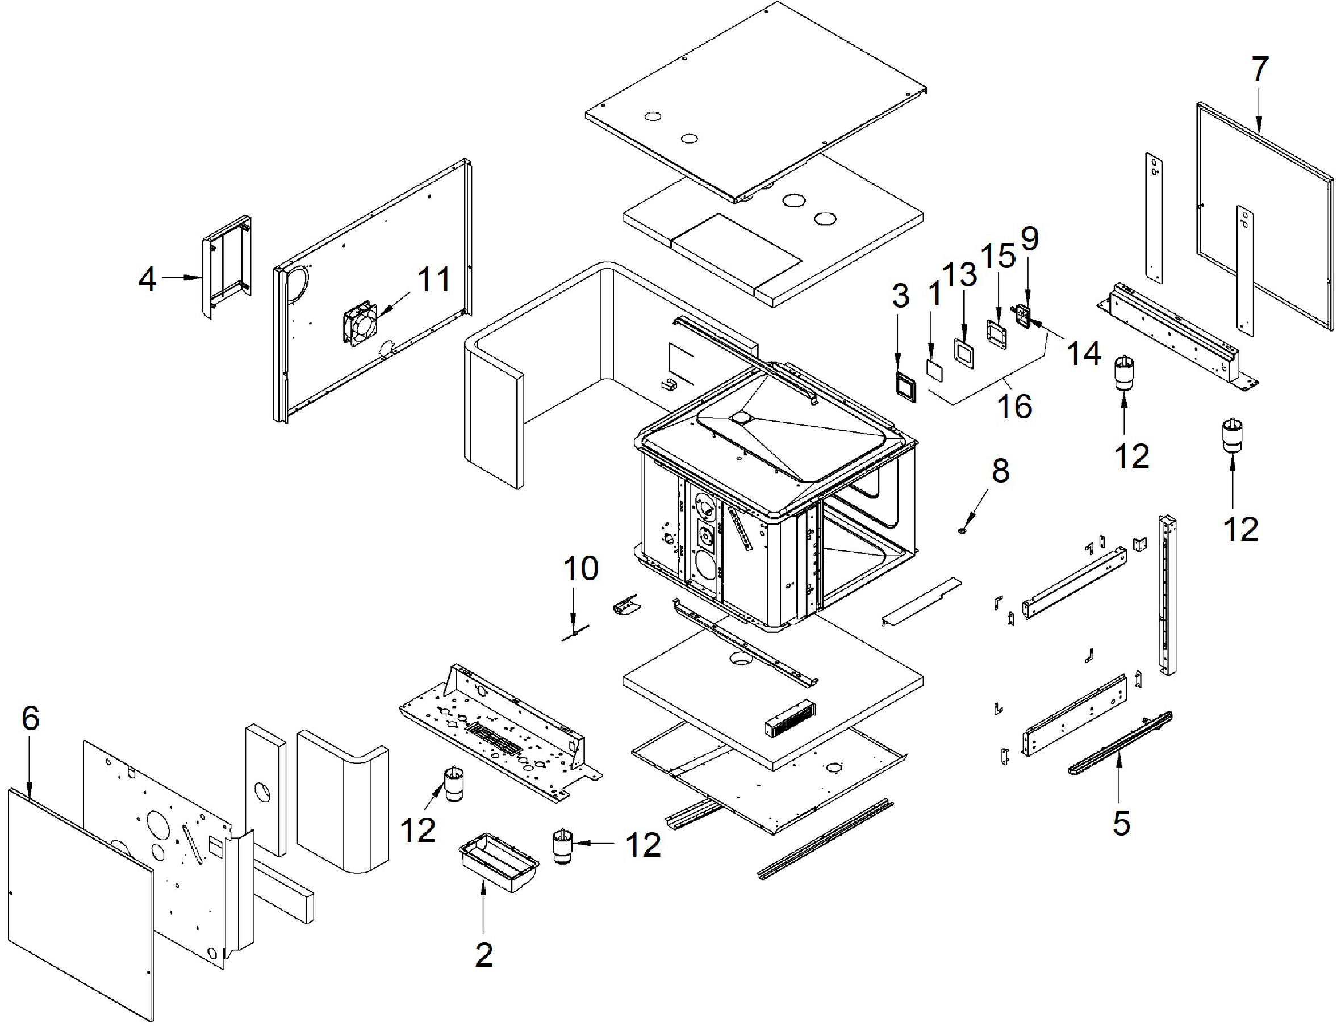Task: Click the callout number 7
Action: (1259, 69)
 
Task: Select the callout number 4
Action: (147, 279)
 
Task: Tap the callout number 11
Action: (433, 280)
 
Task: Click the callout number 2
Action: (484, 954)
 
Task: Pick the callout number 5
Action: (1120, 823)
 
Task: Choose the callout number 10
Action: (580, 568)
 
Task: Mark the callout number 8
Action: (1000, 471)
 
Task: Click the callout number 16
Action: (1014, 405)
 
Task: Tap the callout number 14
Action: (1084, 353)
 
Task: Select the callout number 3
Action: (900, 296)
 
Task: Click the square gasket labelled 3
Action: (904, 387)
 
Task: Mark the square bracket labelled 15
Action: (996, 334)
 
